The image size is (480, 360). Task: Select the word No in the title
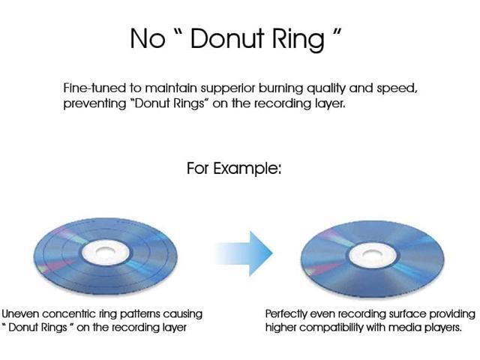(148, 39)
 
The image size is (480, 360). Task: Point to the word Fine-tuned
(94, 88)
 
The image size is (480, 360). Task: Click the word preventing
(94, 104)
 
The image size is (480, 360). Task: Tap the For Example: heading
(234, 168)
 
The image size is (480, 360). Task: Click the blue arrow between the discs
(244, 253)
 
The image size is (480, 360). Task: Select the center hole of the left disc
(106, 252)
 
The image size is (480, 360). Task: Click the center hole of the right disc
(372, 254)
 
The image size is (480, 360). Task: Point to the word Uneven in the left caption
(21, 314)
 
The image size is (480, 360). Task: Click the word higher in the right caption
(280, 328)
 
